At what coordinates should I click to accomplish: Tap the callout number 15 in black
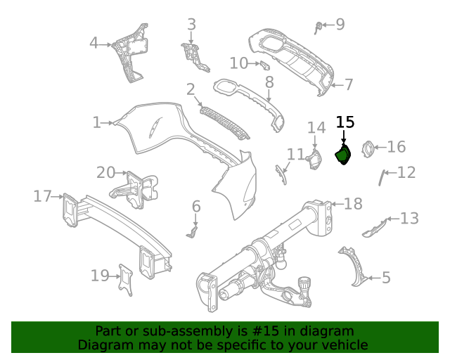point(345,122)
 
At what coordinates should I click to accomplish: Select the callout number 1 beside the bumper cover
point(97,122)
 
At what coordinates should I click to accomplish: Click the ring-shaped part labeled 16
point(366,148)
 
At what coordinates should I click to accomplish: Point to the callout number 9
point(340,25)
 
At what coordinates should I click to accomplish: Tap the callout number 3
point(191,25)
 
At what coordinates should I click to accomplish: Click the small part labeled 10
point(265,65)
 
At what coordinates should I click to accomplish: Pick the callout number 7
point(348,85)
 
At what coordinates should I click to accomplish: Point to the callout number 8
point(269,82)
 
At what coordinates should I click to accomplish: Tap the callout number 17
point(42,196)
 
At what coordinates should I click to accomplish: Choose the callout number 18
point(353,204)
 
